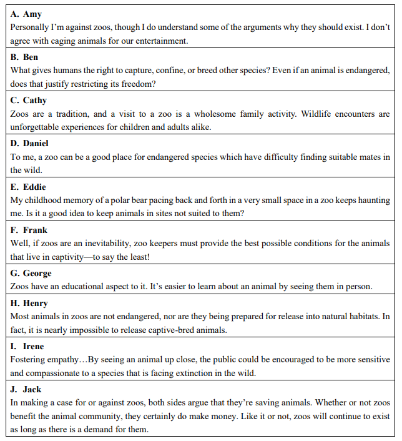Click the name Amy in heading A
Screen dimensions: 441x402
point(32,14)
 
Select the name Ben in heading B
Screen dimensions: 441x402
point(31,57)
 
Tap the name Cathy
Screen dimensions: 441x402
point(35,100)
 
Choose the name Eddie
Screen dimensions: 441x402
point(34,187)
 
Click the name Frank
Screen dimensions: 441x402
point(34,230)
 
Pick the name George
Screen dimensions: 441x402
point(37,273)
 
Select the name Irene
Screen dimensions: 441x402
point(33,346)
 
